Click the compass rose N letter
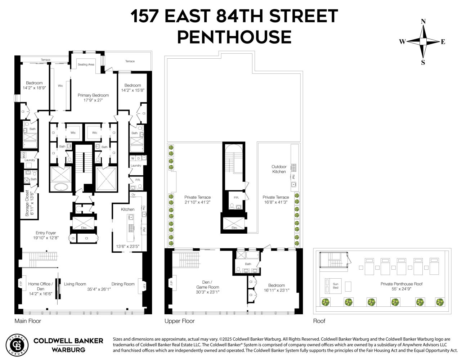[423, 22]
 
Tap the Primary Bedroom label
[93, 95]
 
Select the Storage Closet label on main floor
[27, 204]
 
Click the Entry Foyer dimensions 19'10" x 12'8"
[46, 238]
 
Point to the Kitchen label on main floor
[127, 209]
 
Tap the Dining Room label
[123, 284]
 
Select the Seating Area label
[86, 64]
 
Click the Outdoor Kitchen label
[279, 169]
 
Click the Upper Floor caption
[179, 321]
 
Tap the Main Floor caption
[28, 321]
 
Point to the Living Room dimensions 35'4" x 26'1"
[99, 289]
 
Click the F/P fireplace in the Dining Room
[144, 286]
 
